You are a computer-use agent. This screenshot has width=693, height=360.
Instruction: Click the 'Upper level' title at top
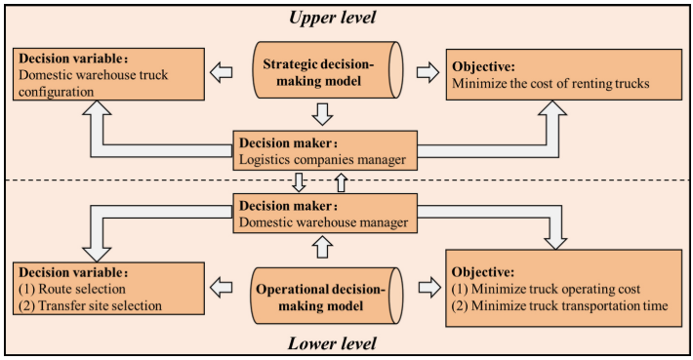click(332, 17)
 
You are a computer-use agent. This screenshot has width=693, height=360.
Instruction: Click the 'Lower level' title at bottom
click(332, 343)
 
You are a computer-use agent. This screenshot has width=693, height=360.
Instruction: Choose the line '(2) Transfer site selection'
click(89, 306)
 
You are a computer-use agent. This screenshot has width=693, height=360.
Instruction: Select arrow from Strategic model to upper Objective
click(426, 72)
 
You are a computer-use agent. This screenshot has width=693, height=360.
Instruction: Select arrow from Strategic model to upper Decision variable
click(224, 72)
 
